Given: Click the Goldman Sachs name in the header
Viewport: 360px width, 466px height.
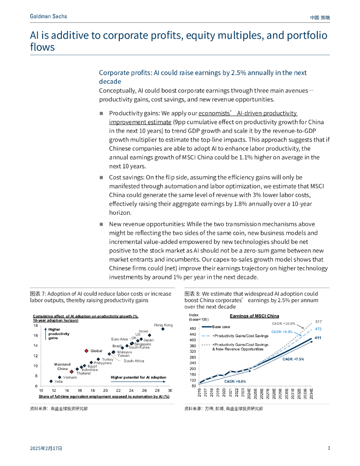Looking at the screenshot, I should coord(48,16).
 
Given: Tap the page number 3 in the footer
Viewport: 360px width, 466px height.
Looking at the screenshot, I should coord(329,448).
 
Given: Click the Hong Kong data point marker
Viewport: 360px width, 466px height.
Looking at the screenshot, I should coord(163,329).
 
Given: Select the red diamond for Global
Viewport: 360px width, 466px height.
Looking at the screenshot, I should coord(86,351).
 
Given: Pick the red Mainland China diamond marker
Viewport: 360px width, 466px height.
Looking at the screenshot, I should coord(72,372).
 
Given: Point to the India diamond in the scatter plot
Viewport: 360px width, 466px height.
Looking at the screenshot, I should coord(51,381).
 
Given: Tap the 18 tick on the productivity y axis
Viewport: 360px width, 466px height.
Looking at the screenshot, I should coord(35,325).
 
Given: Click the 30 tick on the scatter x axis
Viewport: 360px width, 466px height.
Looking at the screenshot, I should coord(170,390).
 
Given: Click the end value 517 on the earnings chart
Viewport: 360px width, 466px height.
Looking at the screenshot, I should coord(319,322).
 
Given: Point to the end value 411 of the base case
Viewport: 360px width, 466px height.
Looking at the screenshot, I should coord(318,338).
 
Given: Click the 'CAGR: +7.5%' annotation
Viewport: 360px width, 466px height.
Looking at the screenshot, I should coord(294,359).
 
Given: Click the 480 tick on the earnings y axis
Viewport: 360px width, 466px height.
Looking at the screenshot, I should coord(193,329).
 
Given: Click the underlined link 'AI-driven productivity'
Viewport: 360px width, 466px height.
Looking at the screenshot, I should coord(248,113).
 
